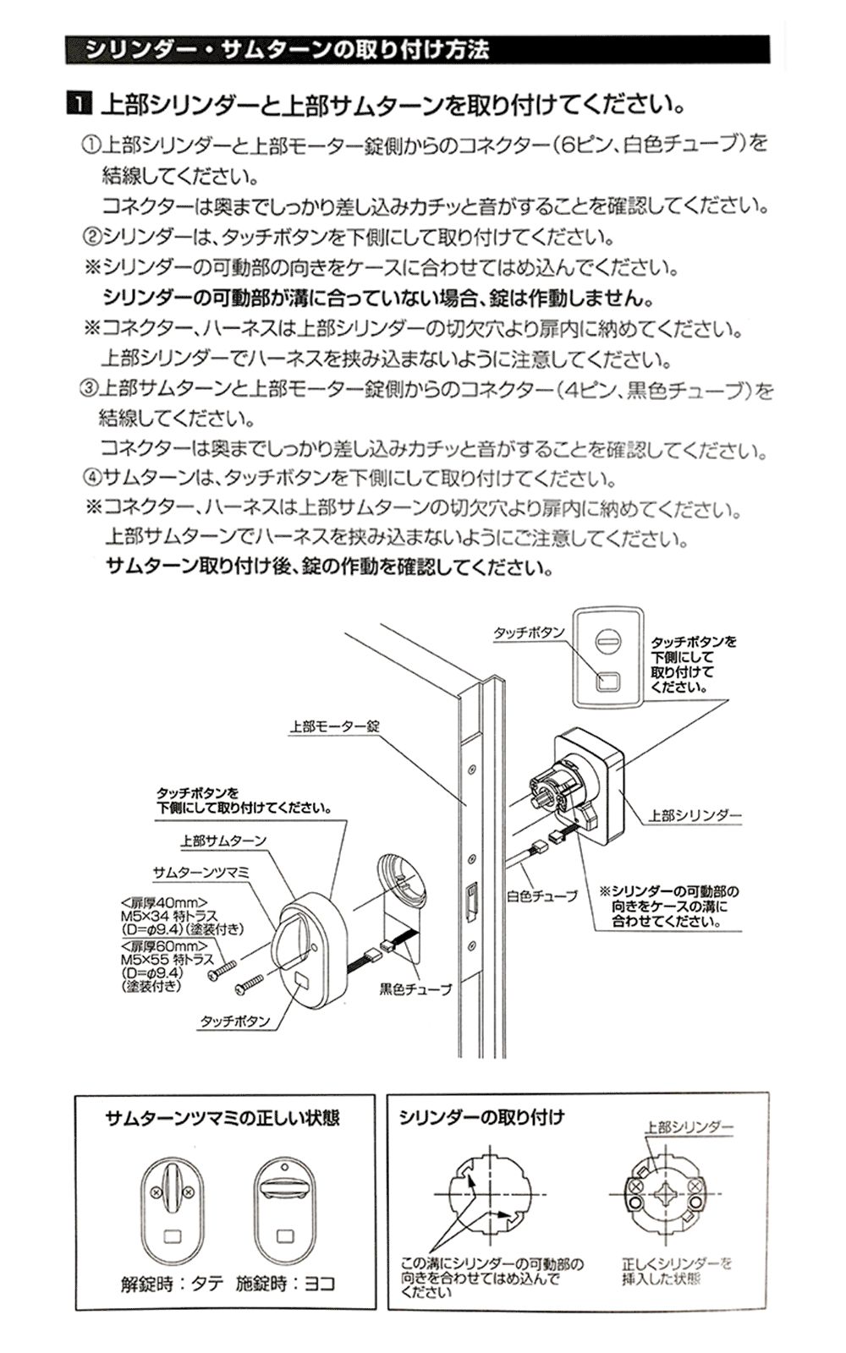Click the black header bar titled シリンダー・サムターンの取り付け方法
point(418,50)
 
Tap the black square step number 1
point(79,105)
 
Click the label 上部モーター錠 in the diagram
point(335,726)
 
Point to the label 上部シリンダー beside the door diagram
point(695,816)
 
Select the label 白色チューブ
point(542,896)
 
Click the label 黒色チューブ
point(415,989)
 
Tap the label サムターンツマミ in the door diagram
point(201,873)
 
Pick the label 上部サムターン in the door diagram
point(223,841)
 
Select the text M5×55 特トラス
point(168,960)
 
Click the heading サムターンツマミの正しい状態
point(222,1118)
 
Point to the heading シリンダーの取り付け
point(481,1117)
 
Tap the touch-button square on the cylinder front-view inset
point(608,682)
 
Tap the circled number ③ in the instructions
point(89,388)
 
